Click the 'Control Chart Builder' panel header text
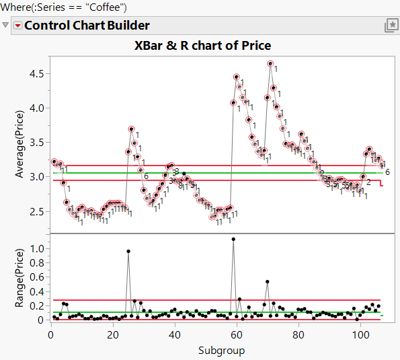pos(87,26)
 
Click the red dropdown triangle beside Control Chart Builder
pos(17,26)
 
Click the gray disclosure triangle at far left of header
pos(6,26)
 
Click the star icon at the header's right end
pos(390,26)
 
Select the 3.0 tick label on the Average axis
pos(38,176)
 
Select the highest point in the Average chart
pos(270,64)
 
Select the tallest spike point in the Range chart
pos(233,239)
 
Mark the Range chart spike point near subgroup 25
pos(128,251)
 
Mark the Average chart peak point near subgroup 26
pos(131,129)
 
